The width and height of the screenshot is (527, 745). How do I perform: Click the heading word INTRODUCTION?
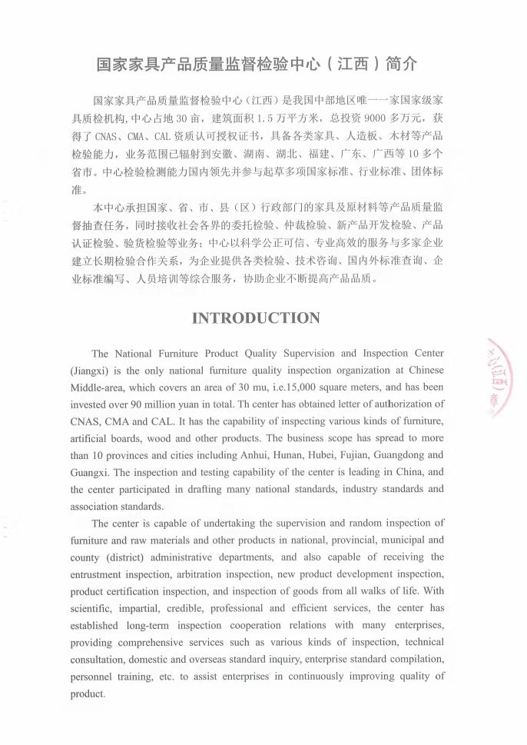point(256,318)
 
